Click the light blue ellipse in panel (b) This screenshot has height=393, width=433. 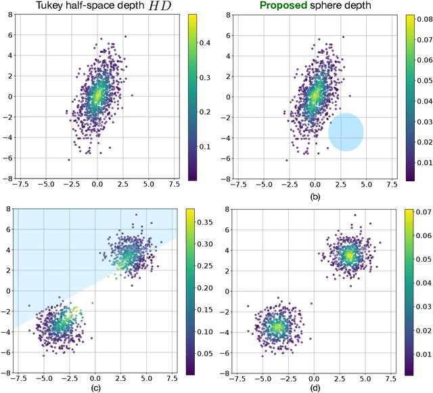(346, 132)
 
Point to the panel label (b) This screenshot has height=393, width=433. (314, 197)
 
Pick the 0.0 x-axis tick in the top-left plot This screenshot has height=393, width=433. (97, 187)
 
